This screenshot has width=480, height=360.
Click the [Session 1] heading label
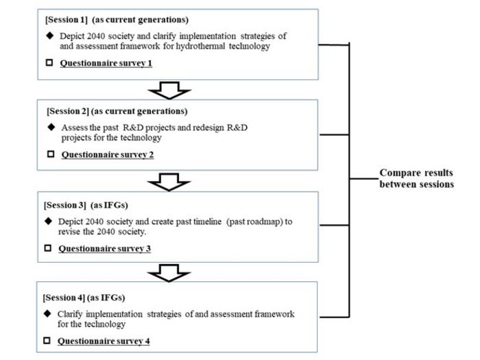click(x=67, y=19)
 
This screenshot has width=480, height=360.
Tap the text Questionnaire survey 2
click(x=108, y=154)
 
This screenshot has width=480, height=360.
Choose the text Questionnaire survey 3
click(x=104, y=248)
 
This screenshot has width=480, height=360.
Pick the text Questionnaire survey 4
click(x=104, y=341)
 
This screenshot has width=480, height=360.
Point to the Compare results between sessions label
click(x=416, y=178)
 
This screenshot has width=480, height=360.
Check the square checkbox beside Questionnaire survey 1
click(x=50, y=62)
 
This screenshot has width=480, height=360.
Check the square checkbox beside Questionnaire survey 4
click(x=47, y=341)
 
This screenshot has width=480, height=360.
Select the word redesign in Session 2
click(x=226, y=128)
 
